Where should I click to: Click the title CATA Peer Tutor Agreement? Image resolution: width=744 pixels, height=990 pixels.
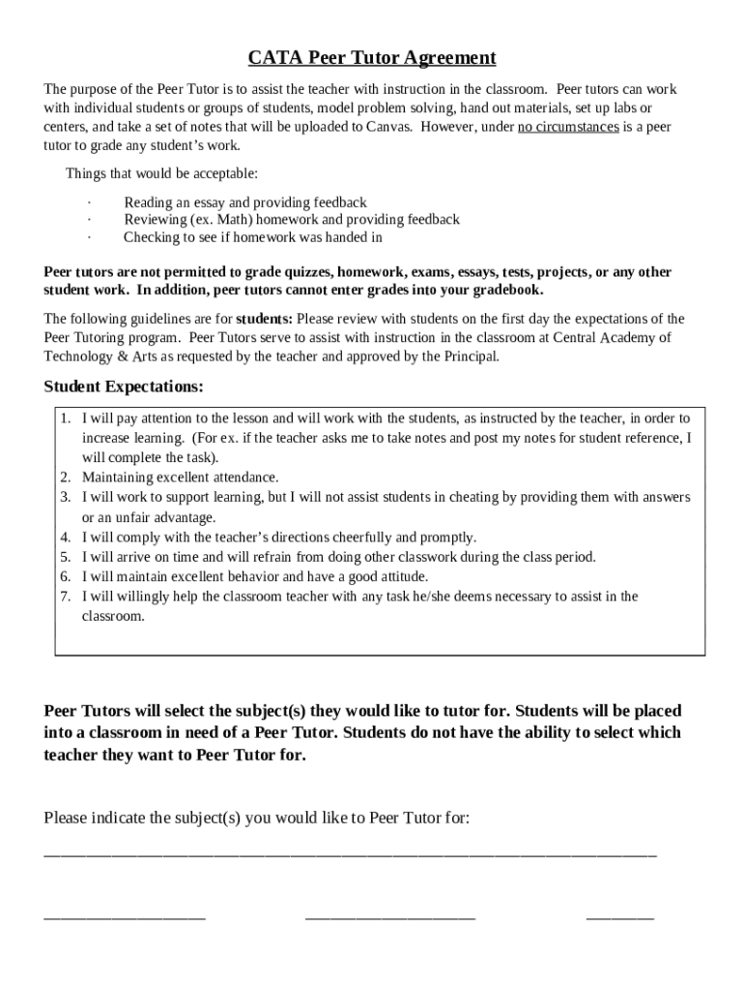coord(372,58)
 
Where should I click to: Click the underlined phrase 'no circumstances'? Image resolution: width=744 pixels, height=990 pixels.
coord(568,127)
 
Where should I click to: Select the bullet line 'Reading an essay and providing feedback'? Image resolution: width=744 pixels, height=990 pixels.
coord(244,202)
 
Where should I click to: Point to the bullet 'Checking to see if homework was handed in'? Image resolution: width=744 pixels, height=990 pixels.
coord(252,237)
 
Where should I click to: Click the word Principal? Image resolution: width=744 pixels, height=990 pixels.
coord(472,356)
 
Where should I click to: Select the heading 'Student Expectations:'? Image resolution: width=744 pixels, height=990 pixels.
coord(124,387)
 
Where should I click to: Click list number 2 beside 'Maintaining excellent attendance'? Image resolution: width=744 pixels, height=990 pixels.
coord(65,477)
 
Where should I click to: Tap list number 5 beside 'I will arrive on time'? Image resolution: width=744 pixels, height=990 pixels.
coord(65,557)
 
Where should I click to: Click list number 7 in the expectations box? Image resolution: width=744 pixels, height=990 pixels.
coord(65,597)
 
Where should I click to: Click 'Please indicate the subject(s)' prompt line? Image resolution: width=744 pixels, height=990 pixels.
coord(257,818)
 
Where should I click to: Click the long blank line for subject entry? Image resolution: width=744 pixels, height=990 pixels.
coord(350,854)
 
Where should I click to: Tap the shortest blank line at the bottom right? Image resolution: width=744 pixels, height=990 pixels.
coord(619,916)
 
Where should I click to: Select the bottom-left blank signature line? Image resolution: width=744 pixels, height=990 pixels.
coord(125,916)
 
